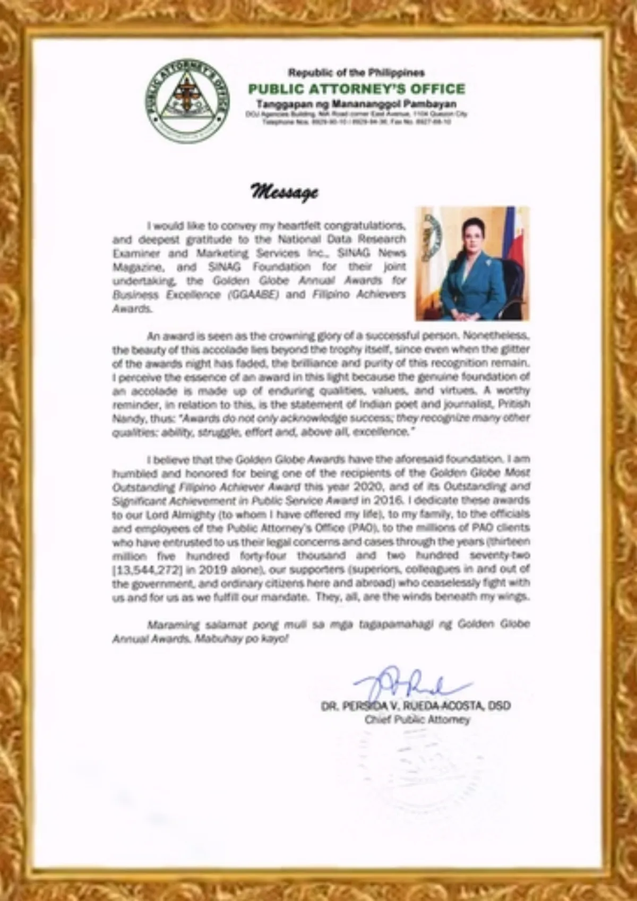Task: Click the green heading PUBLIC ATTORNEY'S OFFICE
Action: pos(356,89)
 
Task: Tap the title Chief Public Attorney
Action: pos(417,720)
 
